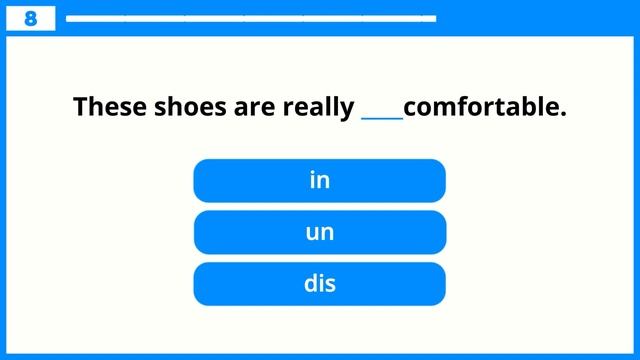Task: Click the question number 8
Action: [x=30, y=18]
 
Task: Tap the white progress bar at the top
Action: [x=250, y=18]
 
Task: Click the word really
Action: [x=320, y=107]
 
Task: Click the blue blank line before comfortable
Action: [x=382, y=117]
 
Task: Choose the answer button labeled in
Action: [x=319, y=180]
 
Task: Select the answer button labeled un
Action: [x=319, y=232]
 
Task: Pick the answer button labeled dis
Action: [x=319, y=284]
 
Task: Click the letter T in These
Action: [x=81, y=106]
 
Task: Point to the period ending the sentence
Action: [x=563, y=113]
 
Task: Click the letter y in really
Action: [x=347, y=109]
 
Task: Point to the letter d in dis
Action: [x=310, y=284]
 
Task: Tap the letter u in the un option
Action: [x=311, y=233]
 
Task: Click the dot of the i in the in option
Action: [x=313, y=173]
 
